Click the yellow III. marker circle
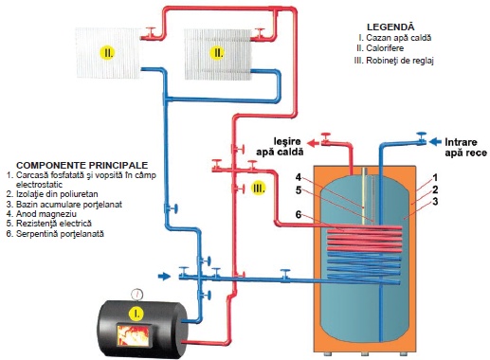point(258,189)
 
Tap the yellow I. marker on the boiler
point(136,314)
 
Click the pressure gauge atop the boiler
point(136,294)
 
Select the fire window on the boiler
point(133,334)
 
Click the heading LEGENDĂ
point(390,27)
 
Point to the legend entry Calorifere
point(380,48)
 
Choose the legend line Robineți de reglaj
point(393,61)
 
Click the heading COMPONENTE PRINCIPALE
point(82,165)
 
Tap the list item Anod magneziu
point(42,214)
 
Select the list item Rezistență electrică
point(49,224)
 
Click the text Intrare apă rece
point(465,147)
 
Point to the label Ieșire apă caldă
point(280,147)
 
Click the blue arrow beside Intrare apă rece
point(436,142)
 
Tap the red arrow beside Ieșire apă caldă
point(314,143)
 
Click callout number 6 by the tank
point(299,215)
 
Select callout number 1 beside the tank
point(435,178)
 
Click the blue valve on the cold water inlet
point(421,138)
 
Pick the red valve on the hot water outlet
point(325,138)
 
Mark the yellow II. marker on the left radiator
point(107,53)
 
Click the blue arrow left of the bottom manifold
point(164,277)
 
